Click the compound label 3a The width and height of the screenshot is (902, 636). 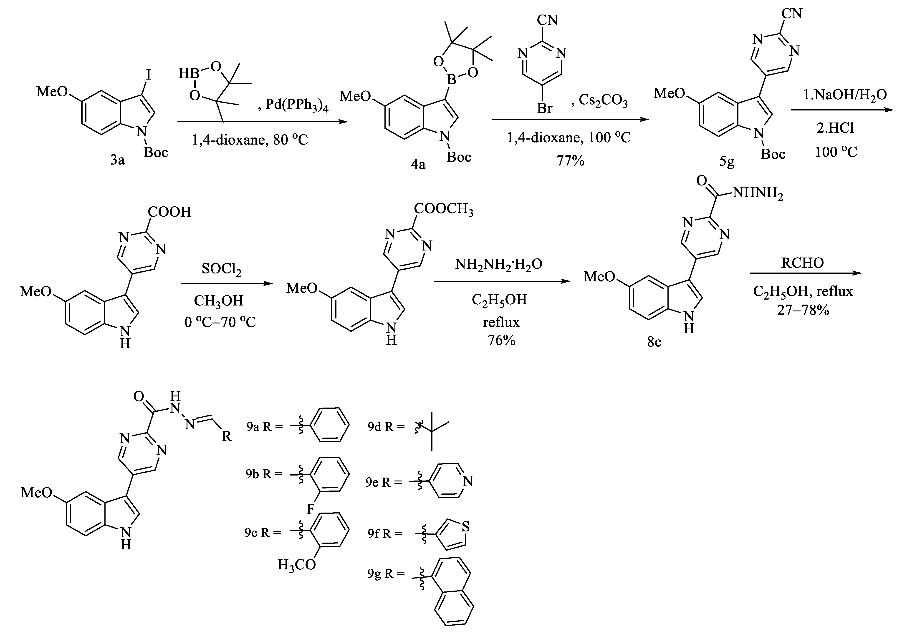click(117, 160)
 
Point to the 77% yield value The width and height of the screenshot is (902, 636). click(570, 160)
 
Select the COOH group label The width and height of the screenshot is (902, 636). click(169, 212)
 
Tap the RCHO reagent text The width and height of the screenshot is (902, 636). click(802, 263)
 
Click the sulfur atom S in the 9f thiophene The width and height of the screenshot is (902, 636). click(466, 526)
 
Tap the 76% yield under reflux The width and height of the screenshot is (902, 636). click(501, 340)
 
